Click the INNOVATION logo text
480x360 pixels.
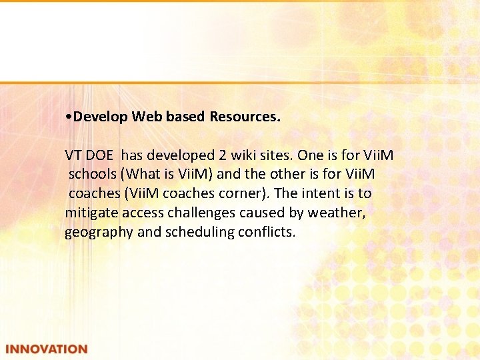pos(46,349)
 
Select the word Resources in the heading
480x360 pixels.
pos(245,117)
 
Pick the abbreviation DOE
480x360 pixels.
pos(102,155)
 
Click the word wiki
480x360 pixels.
pos(247,155)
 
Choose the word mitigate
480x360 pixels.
pos(91,213)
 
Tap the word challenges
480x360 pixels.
pos(205,213)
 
